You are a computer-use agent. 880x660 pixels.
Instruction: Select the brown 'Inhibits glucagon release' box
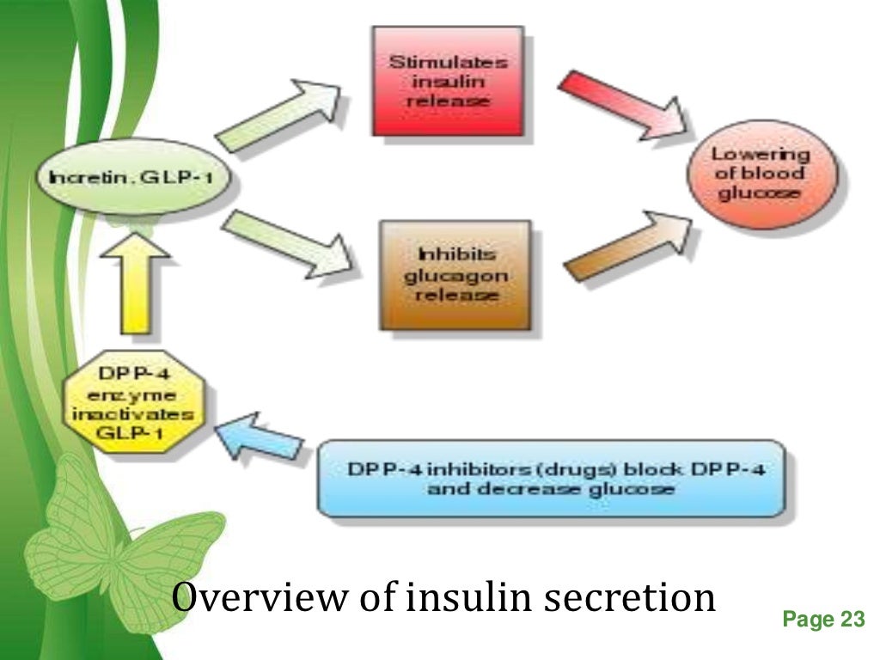coord(455,275)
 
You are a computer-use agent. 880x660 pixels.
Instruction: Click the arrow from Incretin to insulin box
coord(279,112)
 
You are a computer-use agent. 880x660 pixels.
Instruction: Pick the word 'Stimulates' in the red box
coord(447,62)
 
